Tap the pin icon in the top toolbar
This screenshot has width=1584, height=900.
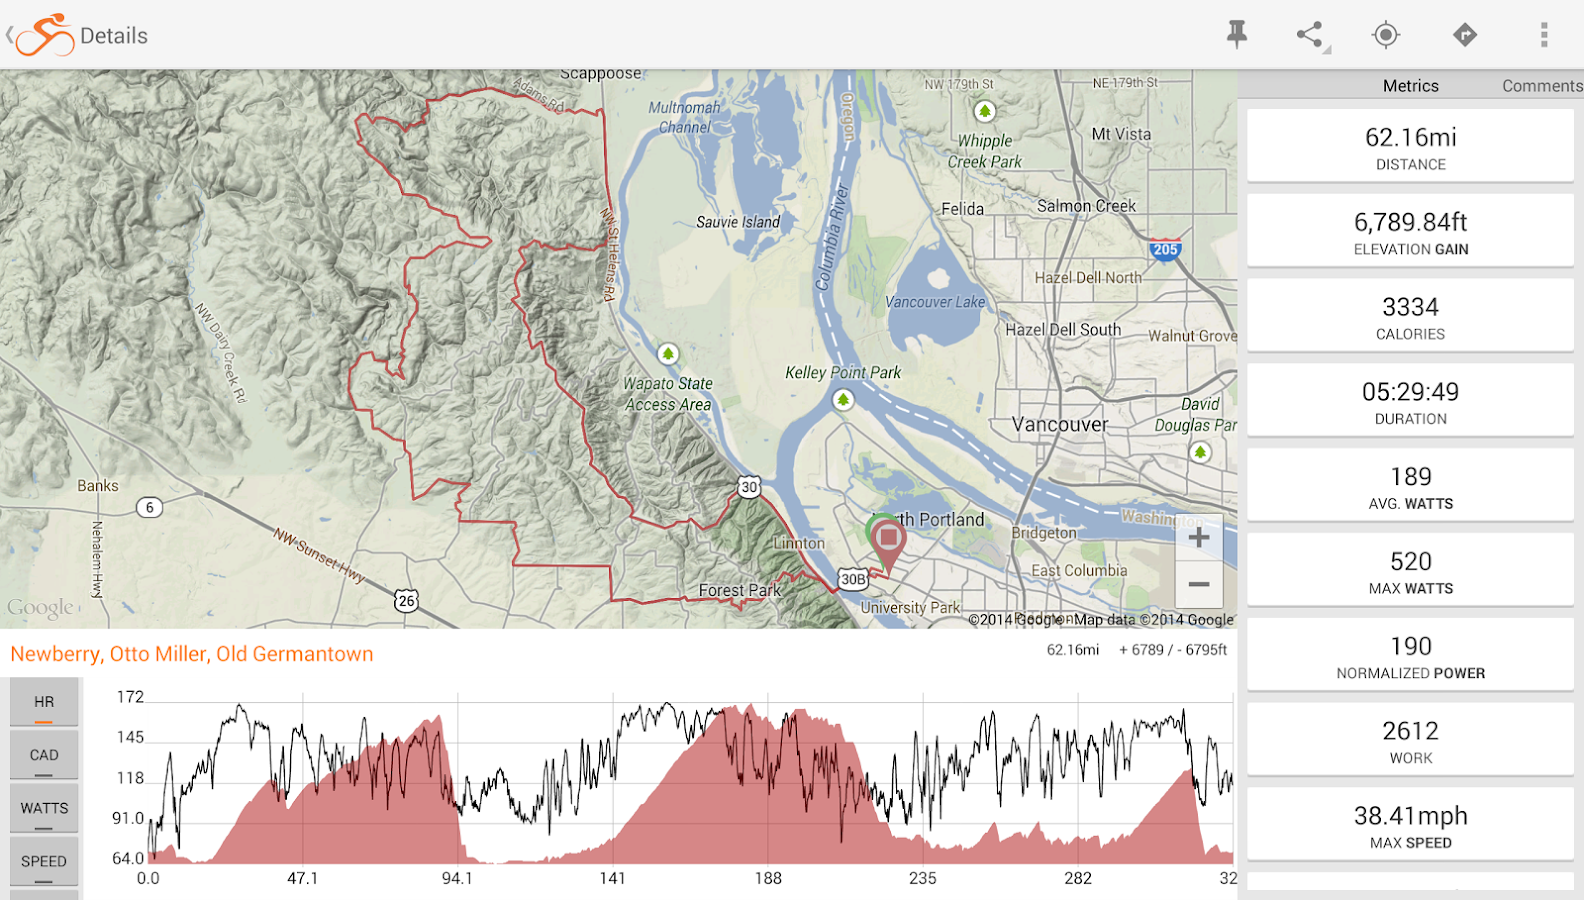click(1237, 34)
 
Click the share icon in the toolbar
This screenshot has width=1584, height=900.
click(1310, 34)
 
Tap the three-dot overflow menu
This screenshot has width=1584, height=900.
click(1544, 35)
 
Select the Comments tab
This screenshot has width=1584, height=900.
click(1541, 86)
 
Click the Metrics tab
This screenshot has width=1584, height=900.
click(1410, 86)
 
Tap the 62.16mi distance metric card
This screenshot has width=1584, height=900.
click(1410, 146)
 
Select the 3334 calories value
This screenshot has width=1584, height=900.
click(1410, 307)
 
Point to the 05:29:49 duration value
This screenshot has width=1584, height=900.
click(1410, 392)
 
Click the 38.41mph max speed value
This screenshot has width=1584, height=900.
click(1410, 816)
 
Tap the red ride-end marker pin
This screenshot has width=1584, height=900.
click(888, 541)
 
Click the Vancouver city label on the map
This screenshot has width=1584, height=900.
click(1059, 425)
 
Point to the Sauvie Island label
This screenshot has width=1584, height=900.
click(738, 222)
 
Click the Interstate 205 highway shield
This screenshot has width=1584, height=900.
click(1165, 249)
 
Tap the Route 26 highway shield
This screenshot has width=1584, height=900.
click(406, 601)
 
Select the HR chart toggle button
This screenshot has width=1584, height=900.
click(44, 702)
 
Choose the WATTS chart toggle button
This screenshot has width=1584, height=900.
click(44, 808)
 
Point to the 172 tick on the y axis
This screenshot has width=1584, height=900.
click(130, 697)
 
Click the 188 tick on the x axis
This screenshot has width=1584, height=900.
click(768, 878)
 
